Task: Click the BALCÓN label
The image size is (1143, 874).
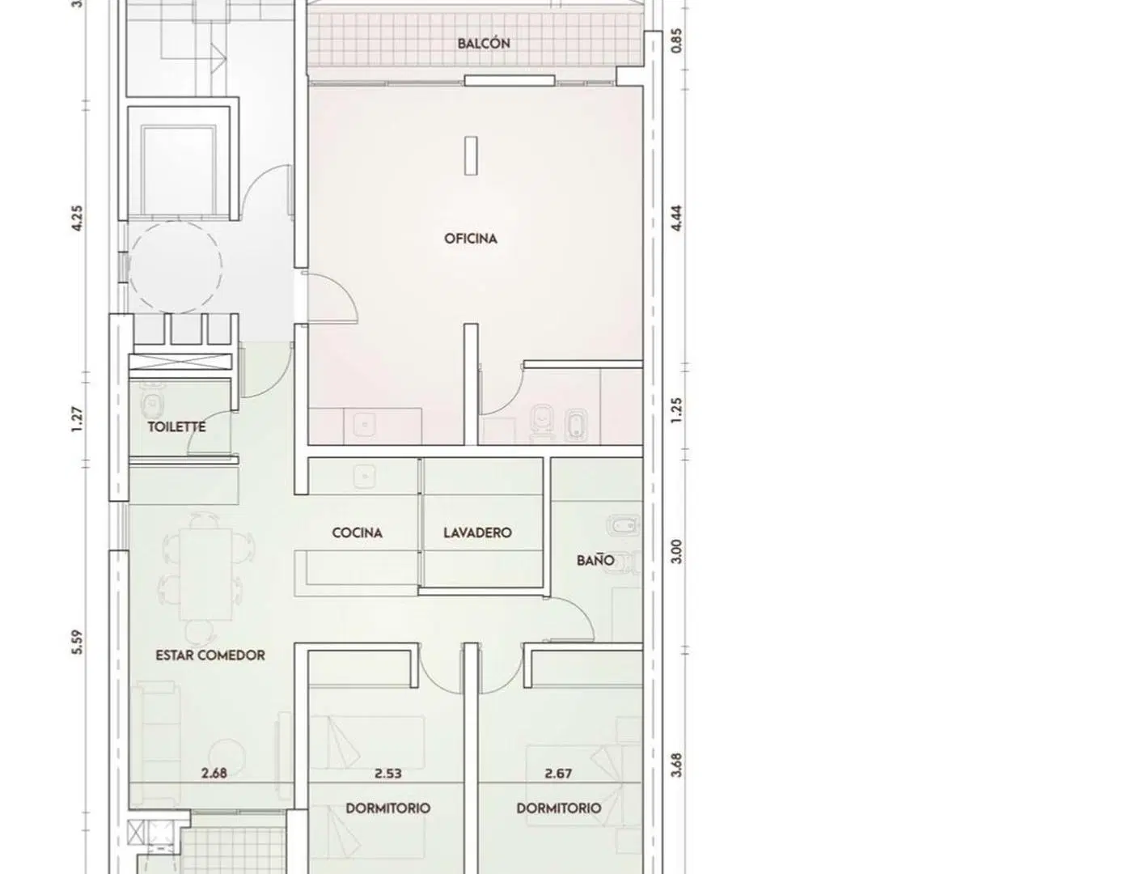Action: tap(483, 43)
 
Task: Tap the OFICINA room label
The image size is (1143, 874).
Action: tap(470, 239)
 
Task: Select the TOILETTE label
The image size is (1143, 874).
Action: tap(176, 426)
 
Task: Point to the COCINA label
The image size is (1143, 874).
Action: tap(357, 532)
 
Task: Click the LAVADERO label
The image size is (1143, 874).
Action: tap(477, 532)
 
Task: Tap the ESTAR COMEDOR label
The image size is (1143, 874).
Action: tap(210, 655)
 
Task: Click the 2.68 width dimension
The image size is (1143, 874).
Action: tap(214, 773)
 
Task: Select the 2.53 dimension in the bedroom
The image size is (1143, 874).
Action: tap(388, 774)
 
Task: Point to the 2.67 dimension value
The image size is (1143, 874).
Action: tap(558, 774)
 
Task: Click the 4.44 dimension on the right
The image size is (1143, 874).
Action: tap(675, 218)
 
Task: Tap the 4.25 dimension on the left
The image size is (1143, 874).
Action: tap(77, 218)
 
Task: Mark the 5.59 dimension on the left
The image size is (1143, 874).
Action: tap(77, 643)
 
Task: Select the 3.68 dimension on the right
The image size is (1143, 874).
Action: tap(675, 765)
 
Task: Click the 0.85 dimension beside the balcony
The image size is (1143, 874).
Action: tap(675, 40)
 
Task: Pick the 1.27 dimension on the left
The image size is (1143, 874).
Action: tap(77, 419)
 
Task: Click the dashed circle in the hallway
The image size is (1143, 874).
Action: tap(176, 222)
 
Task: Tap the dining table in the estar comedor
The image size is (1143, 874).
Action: tap(205, 574)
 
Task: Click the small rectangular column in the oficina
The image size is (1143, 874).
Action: tap(471, 155)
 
